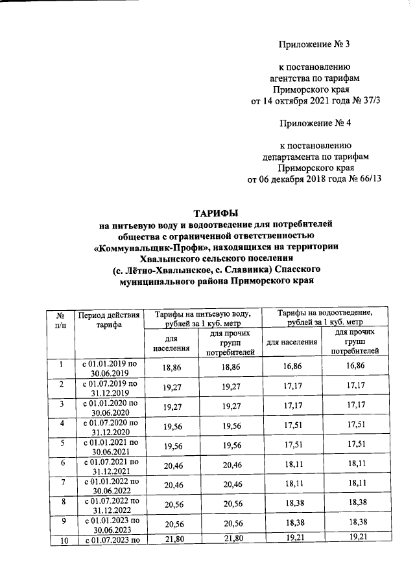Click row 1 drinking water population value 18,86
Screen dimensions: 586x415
tap(172, 366)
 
